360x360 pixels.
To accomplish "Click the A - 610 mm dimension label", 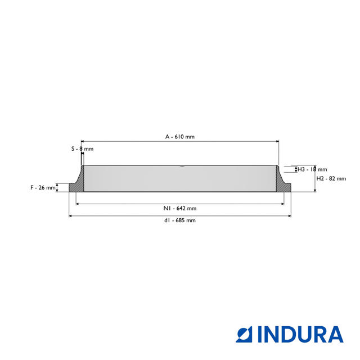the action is (x=180, y=137).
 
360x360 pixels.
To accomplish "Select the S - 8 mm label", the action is (x=83, y=148).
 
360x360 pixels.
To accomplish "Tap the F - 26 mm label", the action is (x=43, y=187).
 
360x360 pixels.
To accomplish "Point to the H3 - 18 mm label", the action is (x=312, y=169).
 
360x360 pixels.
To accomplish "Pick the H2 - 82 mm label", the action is (x=331, y=179).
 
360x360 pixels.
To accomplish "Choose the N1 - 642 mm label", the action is (x=180, y=209).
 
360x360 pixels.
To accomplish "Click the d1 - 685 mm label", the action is (x=180, y=220).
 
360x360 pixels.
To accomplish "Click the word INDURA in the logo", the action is (x=300, y=335).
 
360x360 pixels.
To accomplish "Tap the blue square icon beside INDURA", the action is (x=244, y=335).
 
